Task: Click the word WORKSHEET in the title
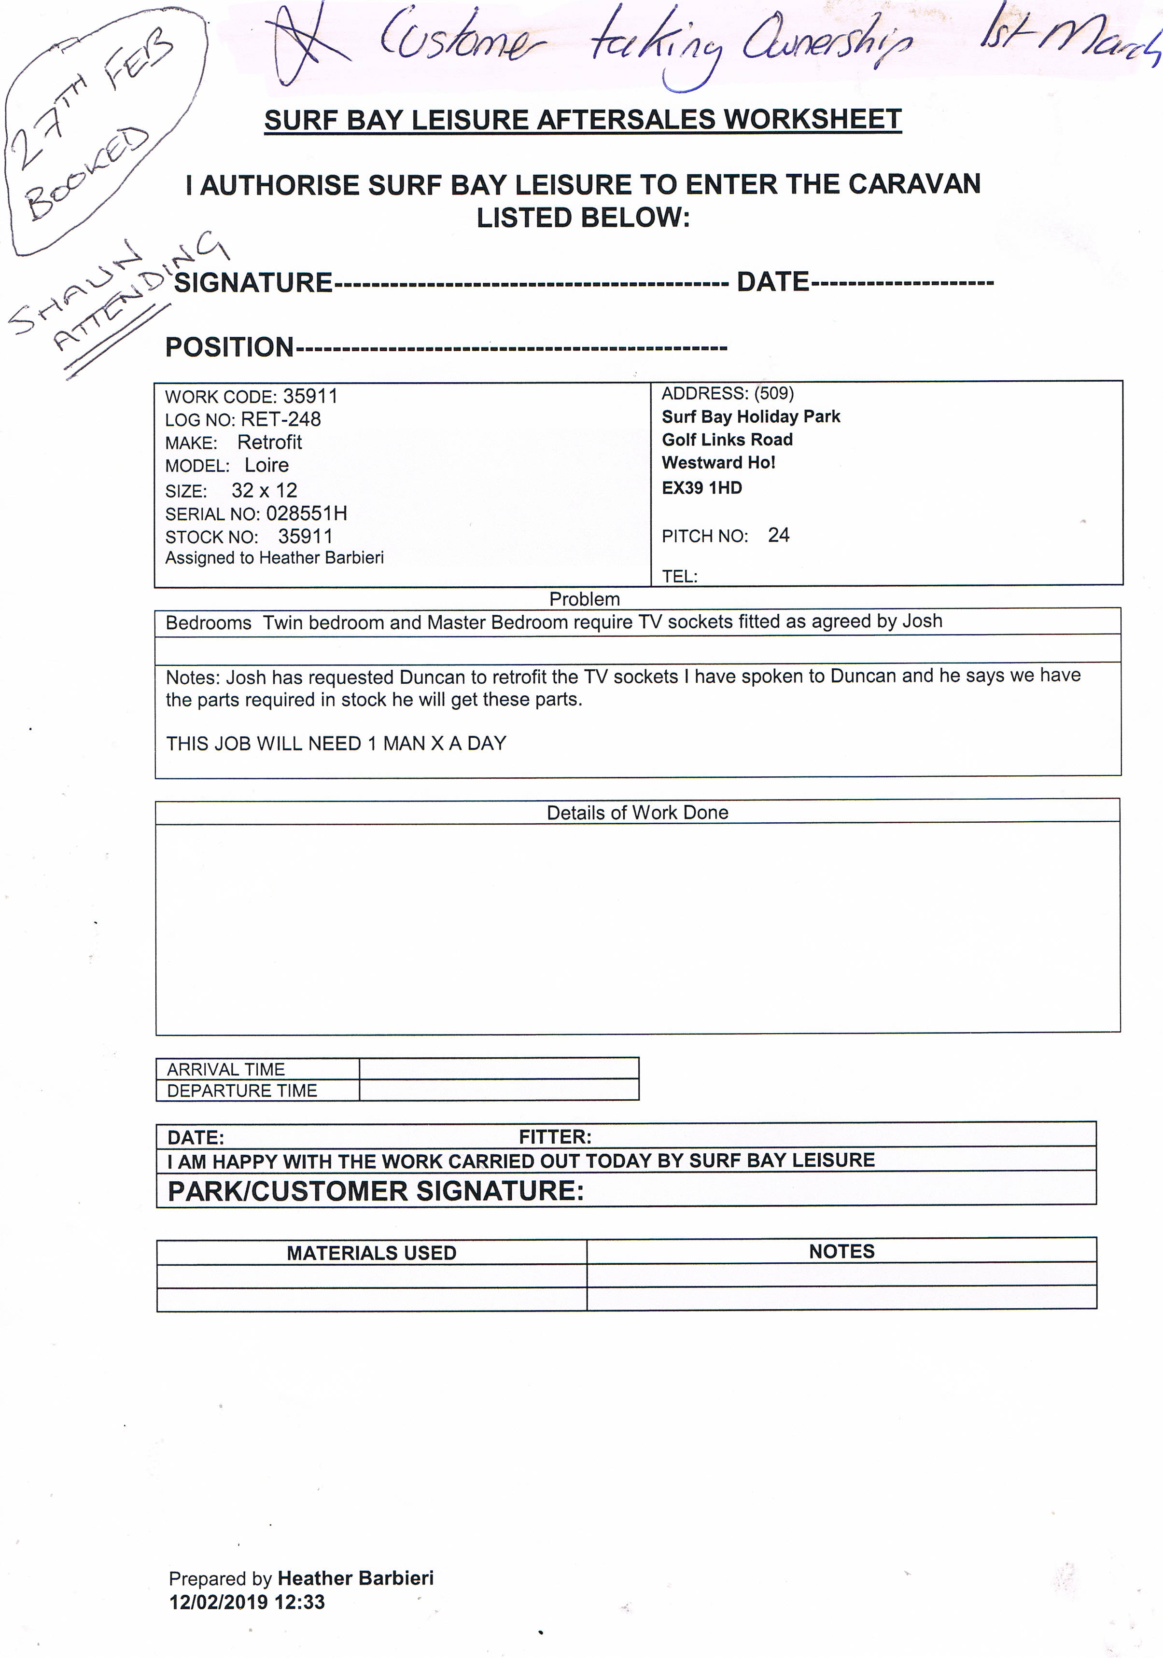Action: (812, 119)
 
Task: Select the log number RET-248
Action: (281, 419)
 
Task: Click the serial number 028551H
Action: (306, 513)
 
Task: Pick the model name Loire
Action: (266, 465)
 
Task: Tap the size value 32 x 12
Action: (265, 490)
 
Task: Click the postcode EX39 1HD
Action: (701, 488)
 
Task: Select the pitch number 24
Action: (778, 535)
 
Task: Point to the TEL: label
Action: (679, 576)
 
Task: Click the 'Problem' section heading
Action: (584, 599)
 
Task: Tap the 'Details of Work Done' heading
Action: (637, 813)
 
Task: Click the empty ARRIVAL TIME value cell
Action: (498, 1069)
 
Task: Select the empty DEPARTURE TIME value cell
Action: (498, 1090)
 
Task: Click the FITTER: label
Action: (555, 1137)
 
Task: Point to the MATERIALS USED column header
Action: (371, 1252)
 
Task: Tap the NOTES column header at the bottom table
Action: (841, 1251)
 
